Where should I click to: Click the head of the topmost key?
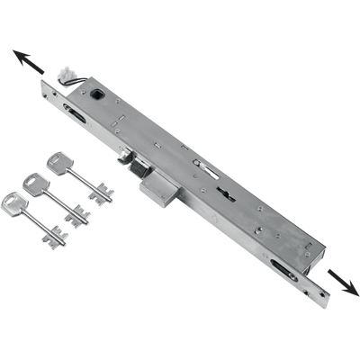tap(59, 163)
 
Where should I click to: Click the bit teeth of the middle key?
tap(78, 216)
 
